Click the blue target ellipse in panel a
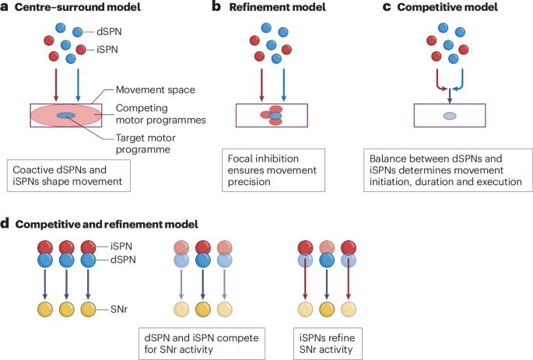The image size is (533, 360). point(66,117)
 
